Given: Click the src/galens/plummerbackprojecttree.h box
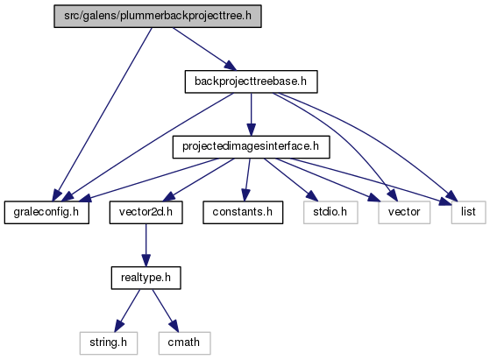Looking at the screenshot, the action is tap(158, 17).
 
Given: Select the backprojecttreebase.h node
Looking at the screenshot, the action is tap(251, 81).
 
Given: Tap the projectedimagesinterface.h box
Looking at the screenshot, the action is tap(251, 147).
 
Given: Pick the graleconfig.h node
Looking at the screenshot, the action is tap(46, 212).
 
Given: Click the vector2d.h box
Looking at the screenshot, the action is tap(146, 212).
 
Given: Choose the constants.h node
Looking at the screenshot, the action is tap(243, 212).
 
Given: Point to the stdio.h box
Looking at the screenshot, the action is tap(330, 212).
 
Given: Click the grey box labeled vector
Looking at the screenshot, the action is tap(404, 212).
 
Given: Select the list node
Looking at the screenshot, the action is tap(468, 212).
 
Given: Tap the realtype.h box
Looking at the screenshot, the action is tap(146, 278).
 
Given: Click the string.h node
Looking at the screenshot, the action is tap(109, 342).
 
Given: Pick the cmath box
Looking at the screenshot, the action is tap(184, 342).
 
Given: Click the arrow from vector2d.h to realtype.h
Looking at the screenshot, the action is tap(146, 245).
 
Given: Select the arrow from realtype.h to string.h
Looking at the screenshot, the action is tap(127, 310).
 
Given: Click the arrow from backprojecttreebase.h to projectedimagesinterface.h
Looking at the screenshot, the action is tap(251, 114).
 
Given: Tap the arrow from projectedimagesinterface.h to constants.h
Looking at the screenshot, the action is tap(247, 180).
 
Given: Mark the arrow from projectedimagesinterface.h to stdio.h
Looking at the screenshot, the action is tap(291, 180).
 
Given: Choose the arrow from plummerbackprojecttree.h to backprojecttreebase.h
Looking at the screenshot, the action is tap(205, 49).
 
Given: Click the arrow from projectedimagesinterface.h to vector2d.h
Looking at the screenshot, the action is tap(198, 180).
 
